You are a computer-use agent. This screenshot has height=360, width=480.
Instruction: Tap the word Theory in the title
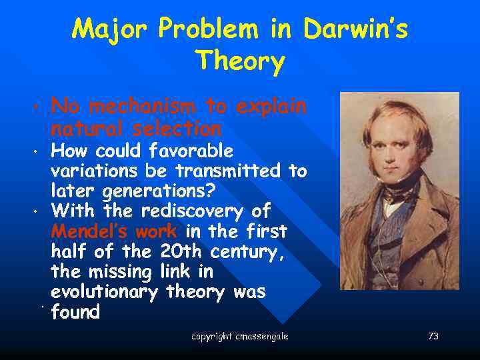241,62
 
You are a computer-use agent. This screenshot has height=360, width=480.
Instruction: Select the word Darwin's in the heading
355,29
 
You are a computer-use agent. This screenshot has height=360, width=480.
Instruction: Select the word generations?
159,191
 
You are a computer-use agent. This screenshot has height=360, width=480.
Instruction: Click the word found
75,312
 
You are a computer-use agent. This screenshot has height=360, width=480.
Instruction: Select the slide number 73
433,337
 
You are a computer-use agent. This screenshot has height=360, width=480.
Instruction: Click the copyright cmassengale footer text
239,337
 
